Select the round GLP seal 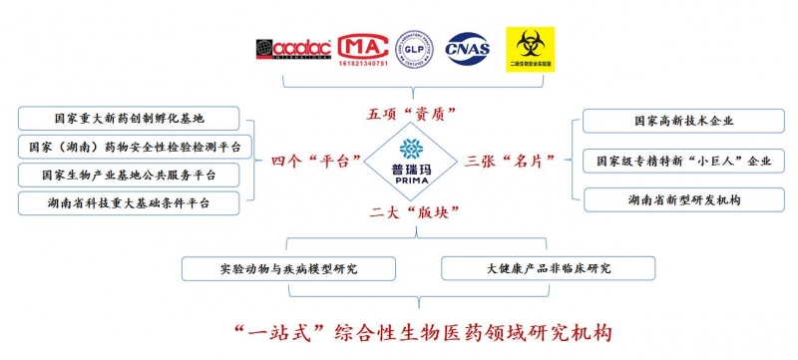tap(417, 47)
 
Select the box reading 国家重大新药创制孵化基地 tap(130, 119)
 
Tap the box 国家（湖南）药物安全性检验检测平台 tap(130, 147)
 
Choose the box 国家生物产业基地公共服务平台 tap(130, 175)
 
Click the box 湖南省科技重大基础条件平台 tap(130, 203)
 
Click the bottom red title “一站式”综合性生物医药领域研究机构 tap(399, 332)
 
